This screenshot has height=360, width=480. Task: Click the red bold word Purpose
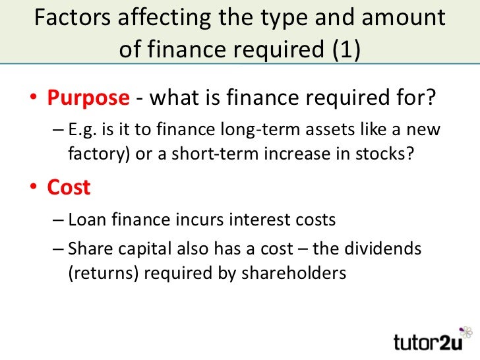(88, 98)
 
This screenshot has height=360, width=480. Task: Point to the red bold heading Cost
(69, 187)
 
